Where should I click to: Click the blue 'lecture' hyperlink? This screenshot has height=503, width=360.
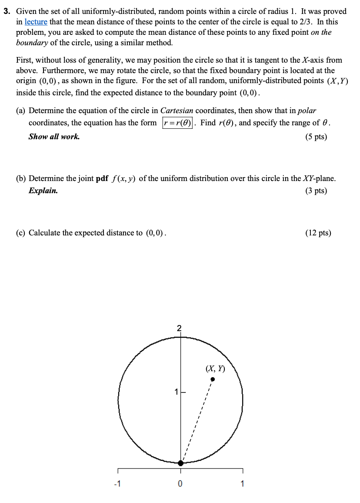tap(36, 21)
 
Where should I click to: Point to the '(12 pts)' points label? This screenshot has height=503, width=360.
tap(318, 233)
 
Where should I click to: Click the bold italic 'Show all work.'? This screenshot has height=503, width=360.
tap(54, 137)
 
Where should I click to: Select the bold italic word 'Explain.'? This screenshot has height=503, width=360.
tap(43, 191)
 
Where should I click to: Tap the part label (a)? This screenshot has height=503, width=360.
tap(21, 111)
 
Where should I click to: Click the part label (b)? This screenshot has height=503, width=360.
tap(21, 178)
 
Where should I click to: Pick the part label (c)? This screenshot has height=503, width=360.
tap(21, 233)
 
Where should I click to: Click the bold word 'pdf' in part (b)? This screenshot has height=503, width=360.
tap(102, 178)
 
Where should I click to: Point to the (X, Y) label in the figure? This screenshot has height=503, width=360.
tap(215, 369)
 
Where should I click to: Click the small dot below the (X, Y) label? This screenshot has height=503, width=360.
tap(213, 379)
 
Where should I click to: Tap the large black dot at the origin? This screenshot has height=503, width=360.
tap(181, 463)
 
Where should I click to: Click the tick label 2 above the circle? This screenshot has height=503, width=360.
tap(179, 328)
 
